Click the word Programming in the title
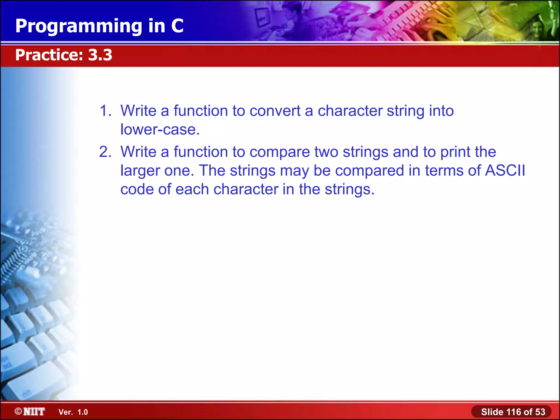point(79,27)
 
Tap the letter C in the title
point(177,26)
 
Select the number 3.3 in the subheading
point(100,55)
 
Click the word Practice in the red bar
point(49,55)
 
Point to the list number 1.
point(105,111)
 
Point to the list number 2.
point(105,152)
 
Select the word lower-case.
point(160,129)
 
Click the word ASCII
point(505,170)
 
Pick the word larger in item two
point(140,171)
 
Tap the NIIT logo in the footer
point(30,412)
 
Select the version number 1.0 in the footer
point(83,412)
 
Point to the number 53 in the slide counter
point(540,412)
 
